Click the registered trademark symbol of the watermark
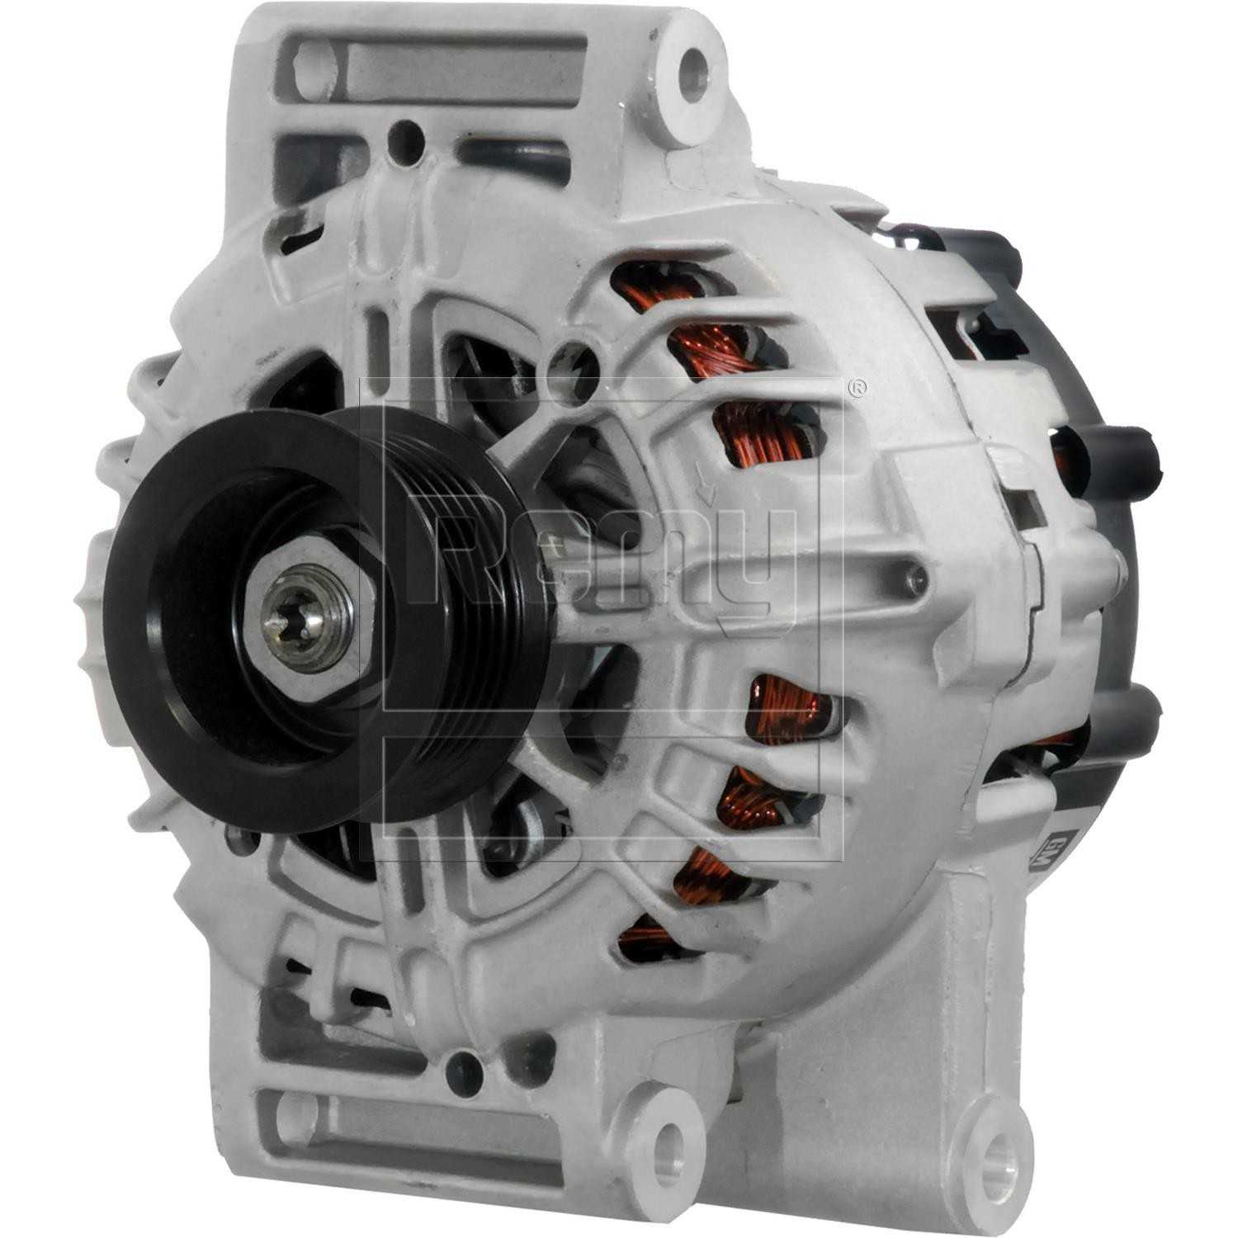tap(858, 387)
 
